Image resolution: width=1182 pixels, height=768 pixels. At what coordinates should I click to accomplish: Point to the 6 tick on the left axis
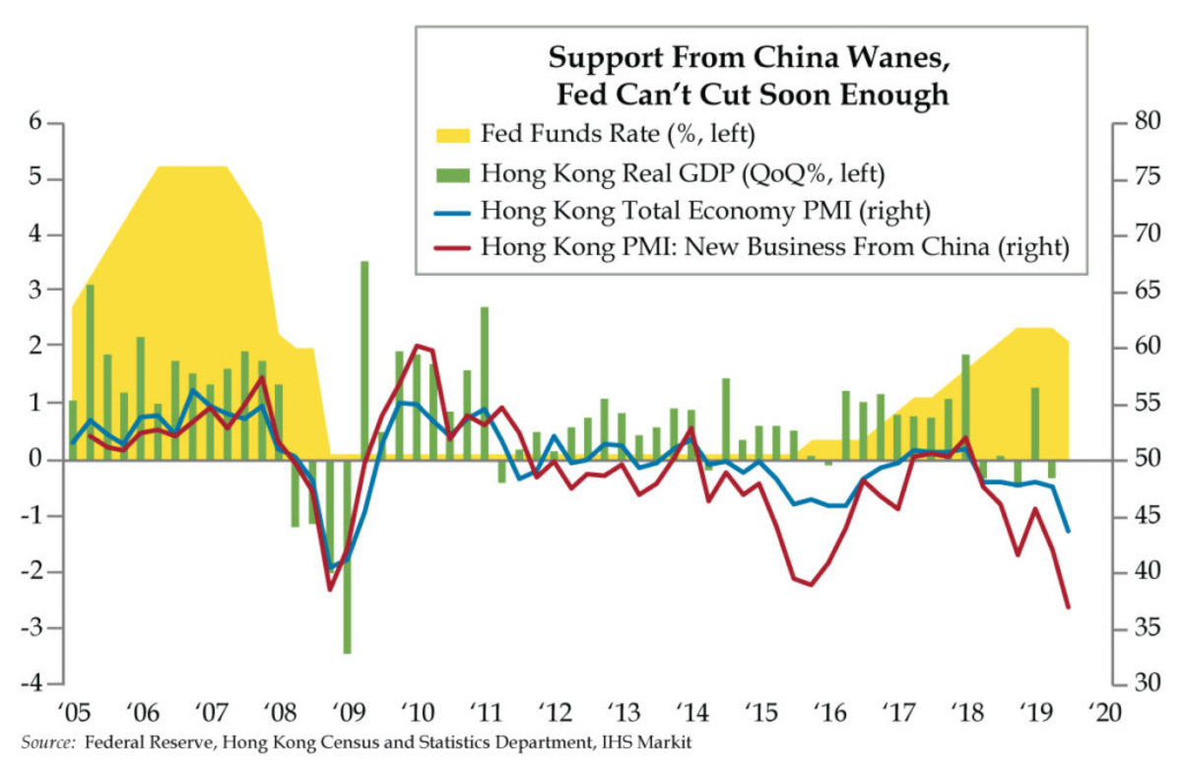(39, 123)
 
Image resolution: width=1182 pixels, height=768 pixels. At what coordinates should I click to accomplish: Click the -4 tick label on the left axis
(35, 683)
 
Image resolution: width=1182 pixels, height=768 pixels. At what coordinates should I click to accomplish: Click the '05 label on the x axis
(74, 712)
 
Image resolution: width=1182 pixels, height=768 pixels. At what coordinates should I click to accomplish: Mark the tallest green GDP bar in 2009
(364, 359)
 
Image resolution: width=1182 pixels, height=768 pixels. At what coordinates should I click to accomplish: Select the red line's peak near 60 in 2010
(417, 346)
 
